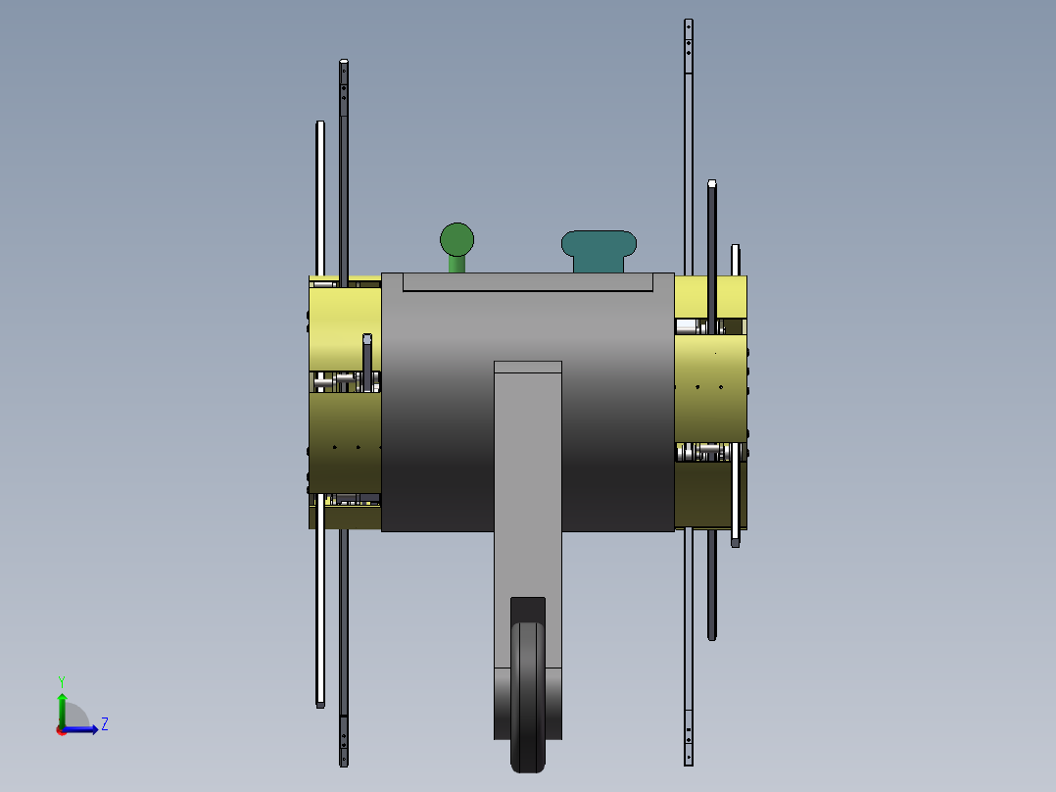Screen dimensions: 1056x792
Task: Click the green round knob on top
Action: click(x=456, y=239)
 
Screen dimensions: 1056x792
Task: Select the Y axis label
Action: click(x=62, y=682)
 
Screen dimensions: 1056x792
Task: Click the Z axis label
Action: click(x=105, y=724)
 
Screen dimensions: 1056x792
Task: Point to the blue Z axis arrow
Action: click(x=80, y=729)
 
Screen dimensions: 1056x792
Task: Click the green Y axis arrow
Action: click(x=62, y=710)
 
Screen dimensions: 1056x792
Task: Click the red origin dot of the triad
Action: click(x=62, y=730)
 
